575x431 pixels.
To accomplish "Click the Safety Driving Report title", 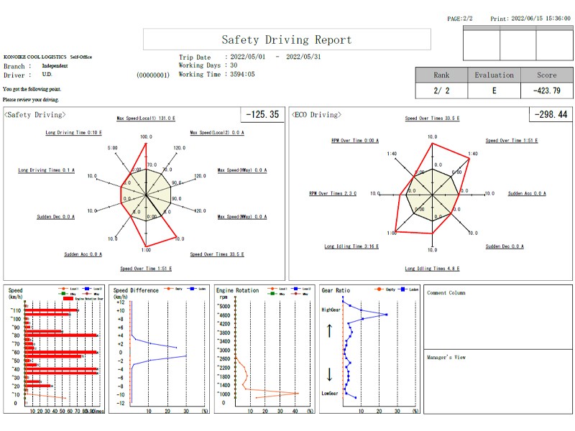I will pyautogui.click(x=287, y=40).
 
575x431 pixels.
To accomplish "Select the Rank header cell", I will pyautogui.click(x=441, y=75).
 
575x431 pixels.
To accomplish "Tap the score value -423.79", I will pyautogui.click(x=546, y=91).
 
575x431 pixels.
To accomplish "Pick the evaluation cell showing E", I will pyautogui.click(x=494, y=91).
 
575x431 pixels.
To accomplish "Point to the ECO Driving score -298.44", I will pyautogui.click(x=551, y=114).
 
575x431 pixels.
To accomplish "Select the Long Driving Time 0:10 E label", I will pyautogui.click(x=73, y=132).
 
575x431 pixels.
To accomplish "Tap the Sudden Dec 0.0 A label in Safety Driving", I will pyautogui.click(x=55, y=216).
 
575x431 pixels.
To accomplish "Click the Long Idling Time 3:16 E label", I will pyautogui.click(x=351, y=246).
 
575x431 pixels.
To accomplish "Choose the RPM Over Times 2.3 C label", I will pyautogui.click(x=333, y=193).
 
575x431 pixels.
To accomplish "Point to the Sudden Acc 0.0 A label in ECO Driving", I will pyautogui.click(x=527, y=193).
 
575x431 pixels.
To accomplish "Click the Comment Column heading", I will pyautogui.click(x=446, y=293).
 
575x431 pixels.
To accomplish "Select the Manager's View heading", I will pyautogui.click(x=446, y=357).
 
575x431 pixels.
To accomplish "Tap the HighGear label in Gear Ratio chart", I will pyautogui.click(x=330, y=310).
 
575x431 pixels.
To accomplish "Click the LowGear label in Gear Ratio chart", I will pyautogui.click(x=329, y=393).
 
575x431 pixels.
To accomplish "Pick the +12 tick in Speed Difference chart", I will pyautogui.click(x=121, y=302).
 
